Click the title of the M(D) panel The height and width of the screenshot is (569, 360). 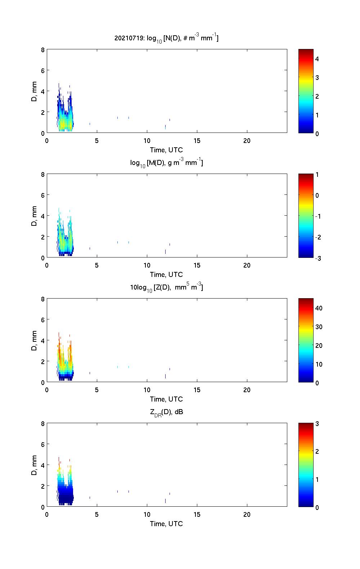(166, 163)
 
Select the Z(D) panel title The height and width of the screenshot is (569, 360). (166, 287)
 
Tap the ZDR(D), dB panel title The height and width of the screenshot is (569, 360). (166, 412)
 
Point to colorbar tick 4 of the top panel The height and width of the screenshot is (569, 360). (317, 59)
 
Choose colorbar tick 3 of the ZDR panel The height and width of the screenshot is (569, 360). (317, 424)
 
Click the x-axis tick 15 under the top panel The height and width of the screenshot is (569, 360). (197, 141)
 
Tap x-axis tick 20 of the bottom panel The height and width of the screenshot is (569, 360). (247, 515)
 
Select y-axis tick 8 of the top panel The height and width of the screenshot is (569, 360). (43, 50)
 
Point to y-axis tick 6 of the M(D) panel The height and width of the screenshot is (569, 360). (43, 195)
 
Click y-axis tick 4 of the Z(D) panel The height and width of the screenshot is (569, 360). (43, 340)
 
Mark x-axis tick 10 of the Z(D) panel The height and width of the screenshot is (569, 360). (147, 390)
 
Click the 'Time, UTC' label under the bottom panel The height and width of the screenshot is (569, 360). (166, 524)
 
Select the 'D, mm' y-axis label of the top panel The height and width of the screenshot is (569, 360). (34, 91)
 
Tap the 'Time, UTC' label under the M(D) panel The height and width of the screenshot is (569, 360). (166, 274)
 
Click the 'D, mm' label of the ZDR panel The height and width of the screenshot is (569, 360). (34, 465)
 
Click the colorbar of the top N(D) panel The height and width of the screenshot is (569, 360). (306, 91)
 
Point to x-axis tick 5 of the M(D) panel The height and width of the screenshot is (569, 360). (97, 265)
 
